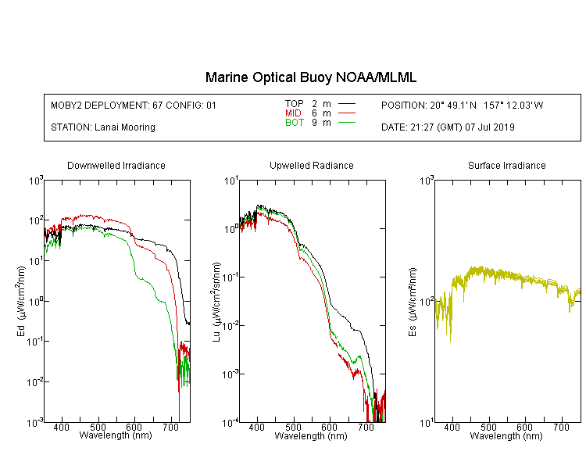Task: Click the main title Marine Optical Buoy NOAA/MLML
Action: [311, 77]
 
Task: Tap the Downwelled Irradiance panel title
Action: [116, 165]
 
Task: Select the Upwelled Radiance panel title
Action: [312, 165]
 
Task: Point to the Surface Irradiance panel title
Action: [507, 165]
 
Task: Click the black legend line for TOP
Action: [346, 104]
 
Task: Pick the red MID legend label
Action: [293, 113]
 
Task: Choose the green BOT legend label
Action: [294, 123]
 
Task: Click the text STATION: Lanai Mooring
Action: [103, 127]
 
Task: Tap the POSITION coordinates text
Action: [463, 105]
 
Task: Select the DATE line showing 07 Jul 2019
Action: [448, 127]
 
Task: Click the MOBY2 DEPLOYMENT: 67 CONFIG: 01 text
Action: [134, 105]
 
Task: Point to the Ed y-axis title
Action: [22, 302]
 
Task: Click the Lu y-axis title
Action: [216, 302]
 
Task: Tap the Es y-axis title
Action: [413, 302]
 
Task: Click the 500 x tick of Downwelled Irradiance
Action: [98, 427]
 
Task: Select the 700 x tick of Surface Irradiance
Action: [561, 427]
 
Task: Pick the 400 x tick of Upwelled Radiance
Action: [257, 427]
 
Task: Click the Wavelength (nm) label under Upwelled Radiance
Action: [311, 435]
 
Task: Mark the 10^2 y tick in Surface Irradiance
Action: [426, 302]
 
